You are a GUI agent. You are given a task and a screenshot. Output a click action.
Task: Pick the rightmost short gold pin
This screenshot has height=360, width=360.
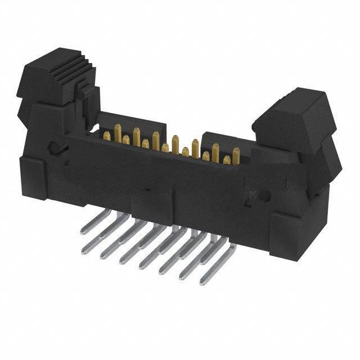point(226,160)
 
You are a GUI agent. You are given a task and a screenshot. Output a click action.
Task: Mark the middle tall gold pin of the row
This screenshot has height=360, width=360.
point(176,141)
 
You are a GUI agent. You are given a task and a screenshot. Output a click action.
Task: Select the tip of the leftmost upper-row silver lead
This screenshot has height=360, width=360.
point(85,229)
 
